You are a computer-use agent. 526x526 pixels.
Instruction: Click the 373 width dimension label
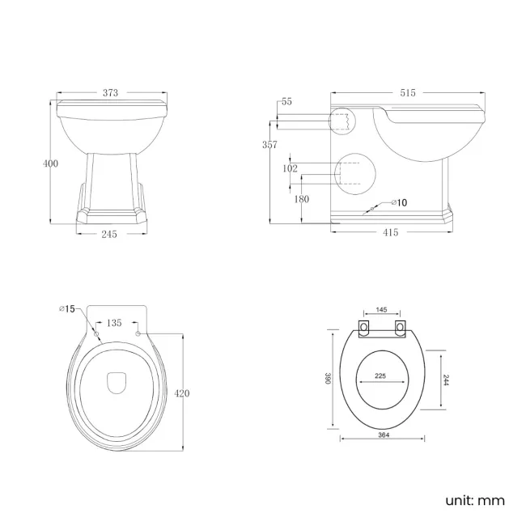point(111,93)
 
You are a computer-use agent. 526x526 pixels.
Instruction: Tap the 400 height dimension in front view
point(50,163)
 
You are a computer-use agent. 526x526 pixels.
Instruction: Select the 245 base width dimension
point(110,234)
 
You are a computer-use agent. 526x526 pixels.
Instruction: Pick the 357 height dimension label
point(270,145)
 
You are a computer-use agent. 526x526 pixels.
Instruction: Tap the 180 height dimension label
point(302,199)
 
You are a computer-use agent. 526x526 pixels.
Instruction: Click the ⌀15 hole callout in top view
point(67,308)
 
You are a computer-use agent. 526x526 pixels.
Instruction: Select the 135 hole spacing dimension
point(115,323)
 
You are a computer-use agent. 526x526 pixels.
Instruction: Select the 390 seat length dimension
point(327,380)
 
